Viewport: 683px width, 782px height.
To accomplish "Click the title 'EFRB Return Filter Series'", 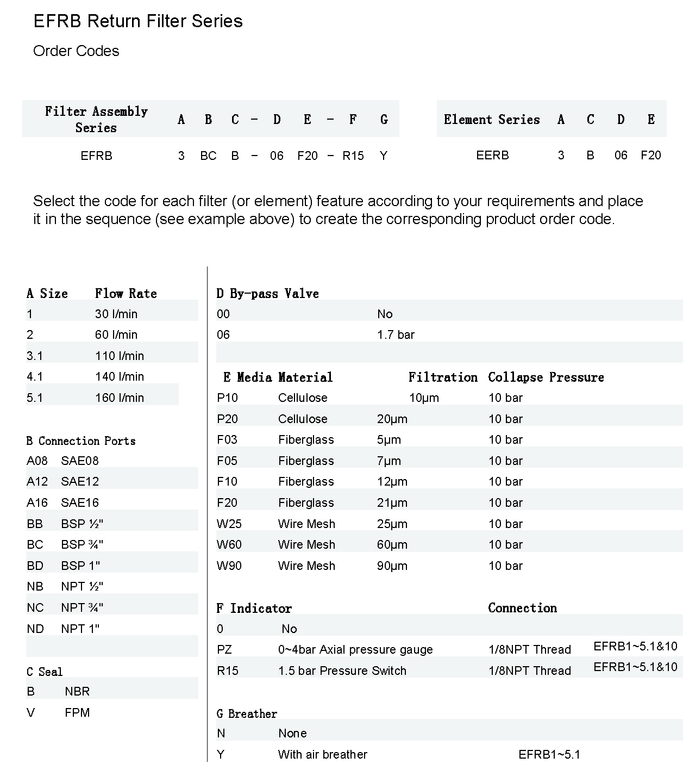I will click(x=138, y=21).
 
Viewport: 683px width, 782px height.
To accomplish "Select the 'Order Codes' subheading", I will click(x=76, y=51).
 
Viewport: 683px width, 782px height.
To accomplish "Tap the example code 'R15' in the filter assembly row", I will click(x=353, y=156).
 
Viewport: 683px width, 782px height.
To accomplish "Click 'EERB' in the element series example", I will click(x=492, y=156).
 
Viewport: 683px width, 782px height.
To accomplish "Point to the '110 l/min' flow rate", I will click(x=120, y=356).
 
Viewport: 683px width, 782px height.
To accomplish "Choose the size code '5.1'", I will click(x=35, y=398).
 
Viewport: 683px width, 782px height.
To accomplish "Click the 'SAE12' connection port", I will click(x=80, y=482).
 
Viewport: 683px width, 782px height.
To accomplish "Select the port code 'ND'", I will click(x=35, y=629).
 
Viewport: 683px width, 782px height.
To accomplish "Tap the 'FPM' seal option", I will click(x=77, y=713).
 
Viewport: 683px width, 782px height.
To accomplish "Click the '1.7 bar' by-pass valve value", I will click(x=396, y=335).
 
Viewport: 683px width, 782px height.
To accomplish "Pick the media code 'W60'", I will click(x=229, y=545).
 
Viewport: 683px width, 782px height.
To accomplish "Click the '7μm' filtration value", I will click(x=389, y=461).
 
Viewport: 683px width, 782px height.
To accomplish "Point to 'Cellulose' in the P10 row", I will click(x=303, y=398).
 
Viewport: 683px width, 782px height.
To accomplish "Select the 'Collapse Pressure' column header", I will click(x=546, y=377).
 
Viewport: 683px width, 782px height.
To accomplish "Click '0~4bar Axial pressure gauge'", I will click(x=355, y=650).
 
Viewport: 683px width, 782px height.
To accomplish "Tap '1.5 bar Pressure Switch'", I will click(x=342, y=671).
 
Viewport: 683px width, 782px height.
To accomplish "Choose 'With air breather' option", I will click(x=323, y=755).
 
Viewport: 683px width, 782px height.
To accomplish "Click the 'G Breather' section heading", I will click(x=247, y=714).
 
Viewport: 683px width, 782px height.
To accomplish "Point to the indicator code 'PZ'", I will click(x=224, y=650).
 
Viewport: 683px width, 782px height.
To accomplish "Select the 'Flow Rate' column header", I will click(x=126, y=294).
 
